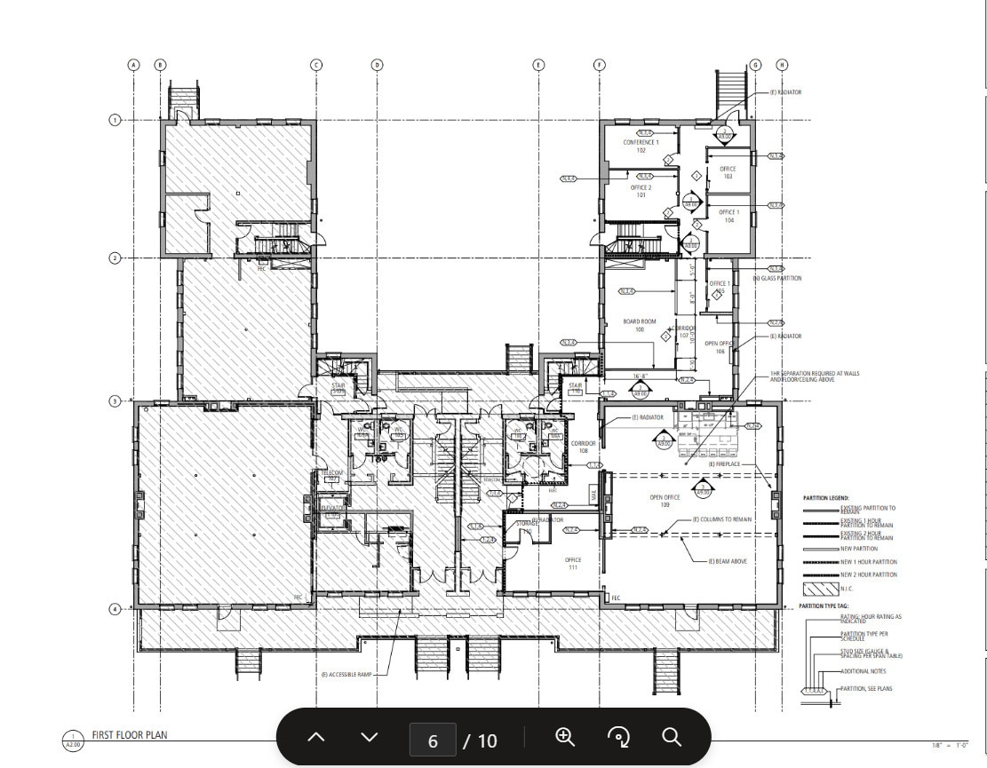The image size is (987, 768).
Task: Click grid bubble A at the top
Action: [x=134, y=65]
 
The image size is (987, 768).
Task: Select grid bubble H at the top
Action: [x=782, y=65]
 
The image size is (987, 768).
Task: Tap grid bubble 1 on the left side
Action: [x=115, y=120]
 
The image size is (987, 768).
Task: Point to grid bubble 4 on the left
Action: [x=115, y=609]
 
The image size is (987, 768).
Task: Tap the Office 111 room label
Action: [x=573, y=563]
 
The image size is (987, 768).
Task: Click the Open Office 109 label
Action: [x=665, y=501]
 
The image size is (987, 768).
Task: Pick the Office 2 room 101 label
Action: [x=641, y=191]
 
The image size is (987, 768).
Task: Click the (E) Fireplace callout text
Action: [x=724, y=464]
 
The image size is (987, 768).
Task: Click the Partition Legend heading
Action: [x=825, y=498]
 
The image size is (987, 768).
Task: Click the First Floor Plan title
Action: [x=129, y=735]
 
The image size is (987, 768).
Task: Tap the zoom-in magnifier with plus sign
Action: [x=565, y=737]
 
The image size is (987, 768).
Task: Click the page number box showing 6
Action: [x=433, y=740]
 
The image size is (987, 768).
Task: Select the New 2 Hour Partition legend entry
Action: [x=868, y=575]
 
